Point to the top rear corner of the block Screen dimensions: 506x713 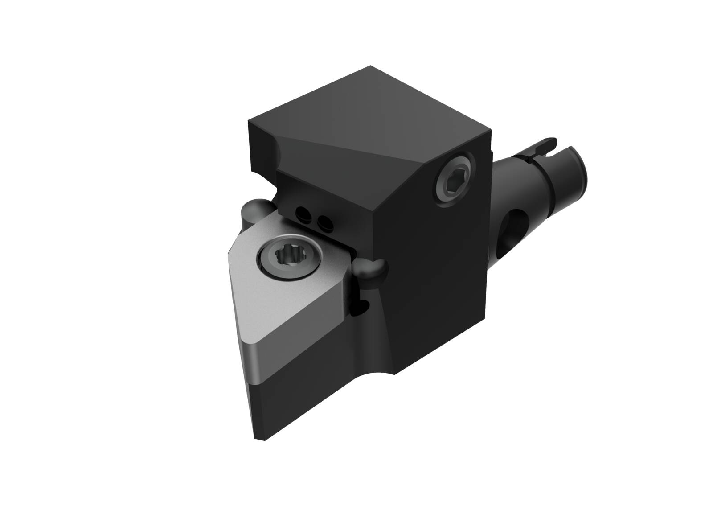point(371,67)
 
